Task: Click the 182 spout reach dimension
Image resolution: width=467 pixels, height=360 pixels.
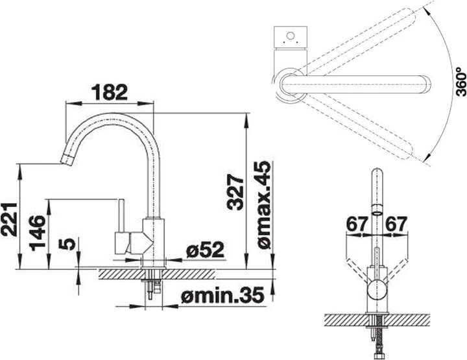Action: click(x=110, y=92)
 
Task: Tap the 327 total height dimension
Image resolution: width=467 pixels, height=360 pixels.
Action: click(x=235, y=193)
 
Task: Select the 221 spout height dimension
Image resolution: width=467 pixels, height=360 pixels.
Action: click(x=9, y=219)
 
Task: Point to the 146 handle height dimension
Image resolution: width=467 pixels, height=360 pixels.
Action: click(x=38, y=233)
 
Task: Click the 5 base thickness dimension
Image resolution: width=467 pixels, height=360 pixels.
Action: click(x=67, y=244)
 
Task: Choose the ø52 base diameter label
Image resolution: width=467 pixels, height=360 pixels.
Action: click(x=205, y=250)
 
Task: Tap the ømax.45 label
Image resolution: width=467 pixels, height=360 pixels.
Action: click(x=264, y=205)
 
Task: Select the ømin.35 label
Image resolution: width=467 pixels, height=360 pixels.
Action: click(x=222, y=294)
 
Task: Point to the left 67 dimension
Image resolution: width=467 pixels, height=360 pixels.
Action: click(x=357, y=224)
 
